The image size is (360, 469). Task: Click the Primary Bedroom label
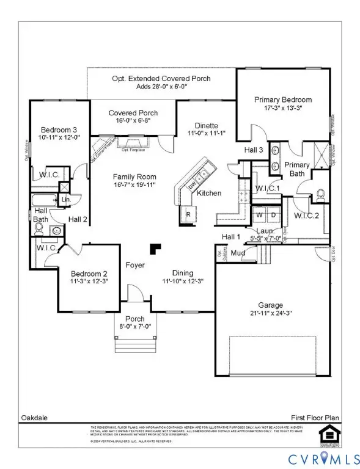[x=283, y=100]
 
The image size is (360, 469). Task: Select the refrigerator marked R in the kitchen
[x=188, y=214]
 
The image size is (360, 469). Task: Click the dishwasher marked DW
[x=192, y=184]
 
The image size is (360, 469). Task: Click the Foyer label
[x=134, y=265]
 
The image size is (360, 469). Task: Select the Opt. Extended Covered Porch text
[x=161, y=79]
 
